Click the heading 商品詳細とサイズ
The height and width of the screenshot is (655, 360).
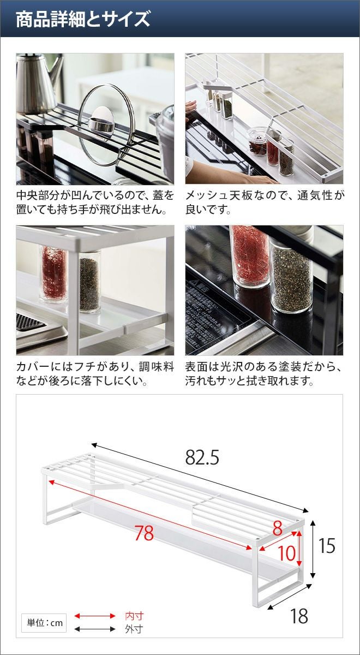(83, 19)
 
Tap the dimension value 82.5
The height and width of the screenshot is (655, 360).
(202, 457)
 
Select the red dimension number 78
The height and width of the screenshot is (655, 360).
(144, 533)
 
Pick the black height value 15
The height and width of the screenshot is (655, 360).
(327, 546)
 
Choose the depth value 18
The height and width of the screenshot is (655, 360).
(299, 608)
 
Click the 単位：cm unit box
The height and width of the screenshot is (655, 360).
(44, 623)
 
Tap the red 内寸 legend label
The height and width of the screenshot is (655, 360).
(134, 616)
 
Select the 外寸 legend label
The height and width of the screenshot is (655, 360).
(134, 629)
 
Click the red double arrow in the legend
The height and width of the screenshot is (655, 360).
(95, 616)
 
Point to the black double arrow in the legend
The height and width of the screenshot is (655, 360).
(95, 629)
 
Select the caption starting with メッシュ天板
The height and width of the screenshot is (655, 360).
(264, 203)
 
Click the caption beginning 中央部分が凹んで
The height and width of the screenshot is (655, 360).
(95, 203)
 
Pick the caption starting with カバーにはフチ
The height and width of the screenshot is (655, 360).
(95, 374)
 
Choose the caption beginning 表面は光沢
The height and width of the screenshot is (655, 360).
(264, 374)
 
